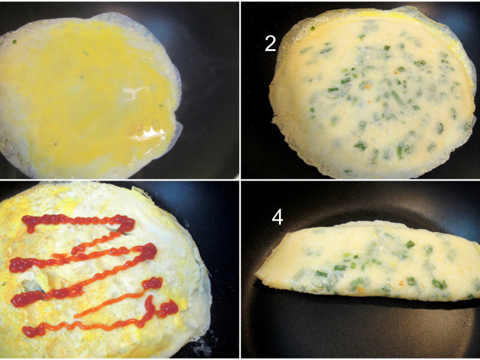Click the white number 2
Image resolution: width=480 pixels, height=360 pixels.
coord(271,43)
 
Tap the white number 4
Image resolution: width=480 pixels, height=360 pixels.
coord(277,218)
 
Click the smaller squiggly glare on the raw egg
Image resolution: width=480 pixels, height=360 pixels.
coord(134,92)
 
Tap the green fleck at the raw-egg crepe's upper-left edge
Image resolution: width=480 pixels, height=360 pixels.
coord(14,41)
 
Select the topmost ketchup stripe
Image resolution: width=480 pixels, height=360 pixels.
coord(80,221)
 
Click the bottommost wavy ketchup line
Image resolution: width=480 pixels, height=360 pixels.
coord(92,322)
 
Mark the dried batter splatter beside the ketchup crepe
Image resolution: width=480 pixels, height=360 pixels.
coord(202,347)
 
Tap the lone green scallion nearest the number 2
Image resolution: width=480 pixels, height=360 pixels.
coord(312,28)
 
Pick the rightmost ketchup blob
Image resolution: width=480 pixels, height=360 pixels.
coord(168,308)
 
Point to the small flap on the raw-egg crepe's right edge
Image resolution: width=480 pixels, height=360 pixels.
coord(178,131)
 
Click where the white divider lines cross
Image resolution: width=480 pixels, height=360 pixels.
coord(240,180)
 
